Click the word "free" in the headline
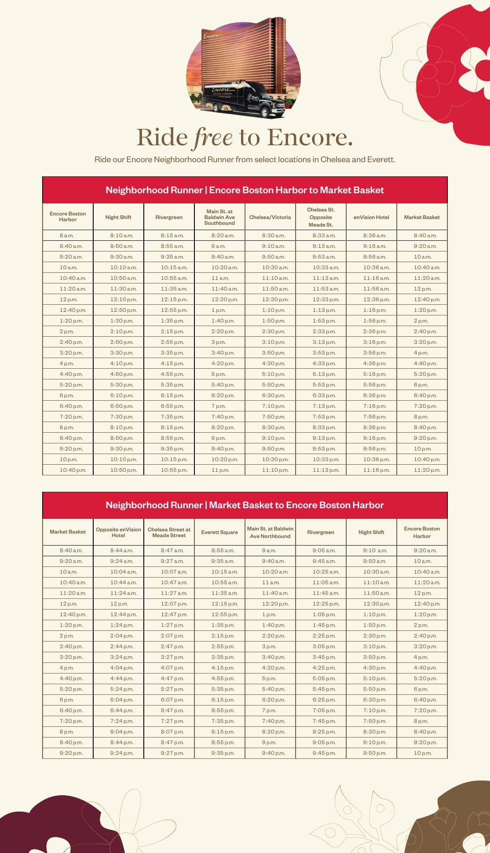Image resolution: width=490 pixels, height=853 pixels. (x=213, y=137)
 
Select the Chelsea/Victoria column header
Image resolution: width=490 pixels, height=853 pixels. (x=270, y=217)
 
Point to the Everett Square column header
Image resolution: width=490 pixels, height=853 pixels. (x=220, y=532)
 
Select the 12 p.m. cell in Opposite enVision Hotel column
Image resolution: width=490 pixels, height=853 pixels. (x=119, y=604)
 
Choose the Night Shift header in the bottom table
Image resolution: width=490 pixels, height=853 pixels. (x=371, y=532)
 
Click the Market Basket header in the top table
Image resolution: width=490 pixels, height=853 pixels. (x=422, y=217)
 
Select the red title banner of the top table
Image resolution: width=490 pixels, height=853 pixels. (x=245, y=190)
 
